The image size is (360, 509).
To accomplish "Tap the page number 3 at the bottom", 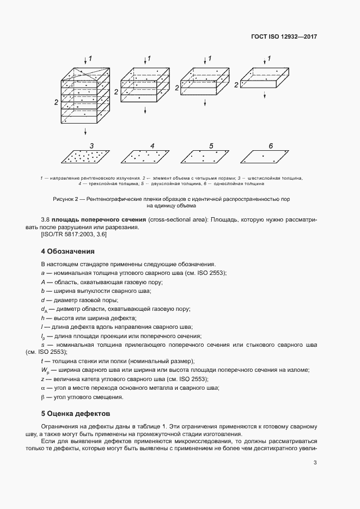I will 315,463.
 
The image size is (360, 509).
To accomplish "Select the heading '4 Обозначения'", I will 68,252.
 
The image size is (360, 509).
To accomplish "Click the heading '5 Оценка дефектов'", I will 76,413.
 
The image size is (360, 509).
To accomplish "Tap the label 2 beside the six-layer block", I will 56,102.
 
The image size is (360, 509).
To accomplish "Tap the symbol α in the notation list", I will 42,388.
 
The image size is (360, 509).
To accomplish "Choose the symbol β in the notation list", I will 42,397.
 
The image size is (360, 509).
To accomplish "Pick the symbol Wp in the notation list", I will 44,370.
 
